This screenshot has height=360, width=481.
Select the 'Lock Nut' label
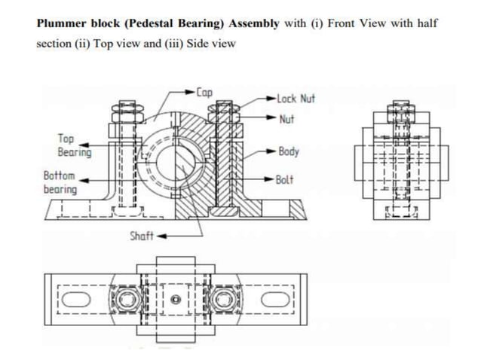point(296,99)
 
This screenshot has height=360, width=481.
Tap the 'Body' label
point(289,151)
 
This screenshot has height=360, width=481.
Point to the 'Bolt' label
point(284,180)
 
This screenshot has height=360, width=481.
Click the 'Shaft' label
point(141,236)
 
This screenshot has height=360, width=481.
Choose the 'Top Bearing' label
point(74,146)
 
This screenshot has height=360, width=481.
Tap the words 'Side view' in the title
point(212,43)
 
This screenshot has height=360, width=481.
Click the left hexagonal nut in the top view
point(122,294)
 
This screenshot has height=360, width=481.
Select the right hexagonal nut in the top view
point(225,294)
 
